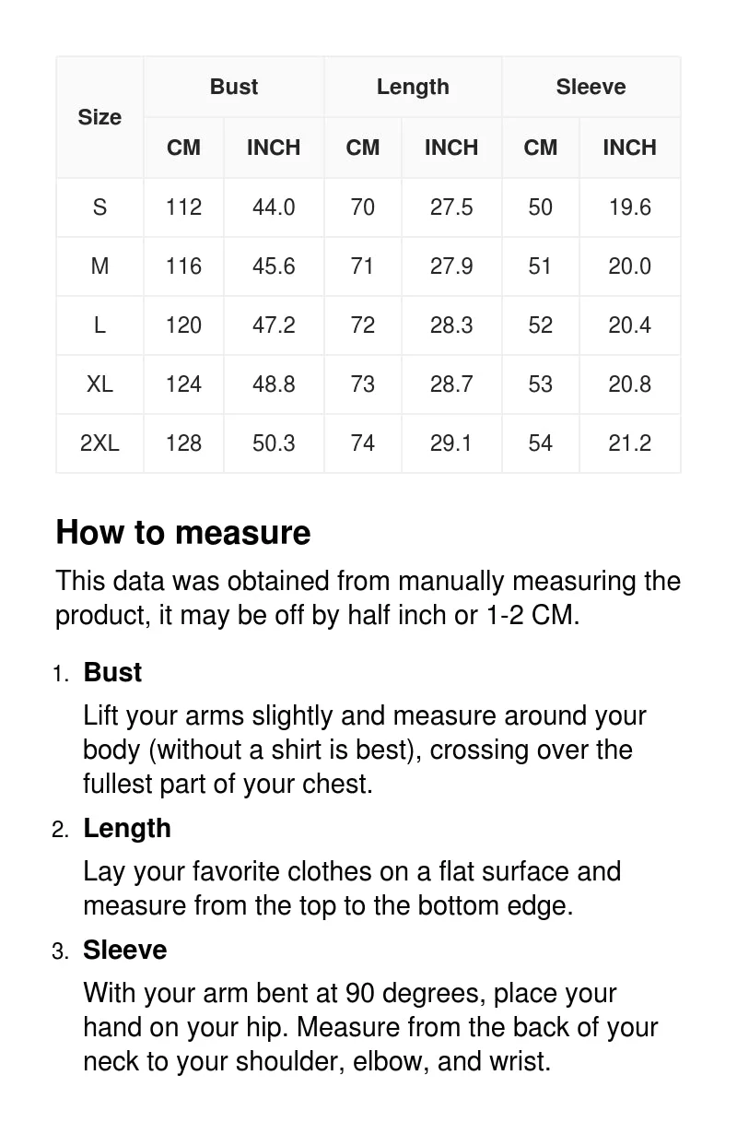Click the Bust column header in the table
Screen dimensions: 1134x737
(234, 87)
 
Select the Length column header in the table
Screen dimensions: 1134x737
(413, 87)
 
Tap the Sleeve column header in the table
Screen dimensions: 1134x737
(591, 87)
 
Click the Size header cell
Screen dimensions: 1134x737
(99, 117)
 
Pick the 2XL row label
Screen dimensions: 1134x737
(99, 443)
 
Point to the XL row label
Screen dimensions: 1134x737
(99, 384)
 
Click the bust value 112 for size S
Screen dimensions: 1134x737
(183, 207)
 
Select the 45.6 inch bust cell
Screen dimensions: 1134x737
(274, 266)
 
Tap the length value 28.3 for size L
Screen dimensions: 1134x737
(451, 325)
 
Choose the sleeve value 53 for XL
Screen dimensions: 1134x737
(540, 384)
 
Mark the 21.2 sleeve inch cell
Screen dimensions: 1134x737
(629, 443)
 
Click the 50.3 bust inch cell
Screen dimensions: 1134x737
(274, 443)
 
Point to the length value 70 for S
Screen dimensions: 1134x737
(363, 207)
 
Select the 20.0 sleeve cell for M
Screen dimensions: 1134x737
(629, 266)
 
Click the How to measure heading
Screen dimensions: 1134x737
(183, 533)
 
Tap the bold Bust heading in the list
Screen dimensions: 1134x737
(112, 672)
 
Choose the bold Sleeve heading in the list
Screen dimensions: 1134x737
(125, 950)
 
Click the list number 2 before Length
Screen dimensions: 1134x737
(60, 830)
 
